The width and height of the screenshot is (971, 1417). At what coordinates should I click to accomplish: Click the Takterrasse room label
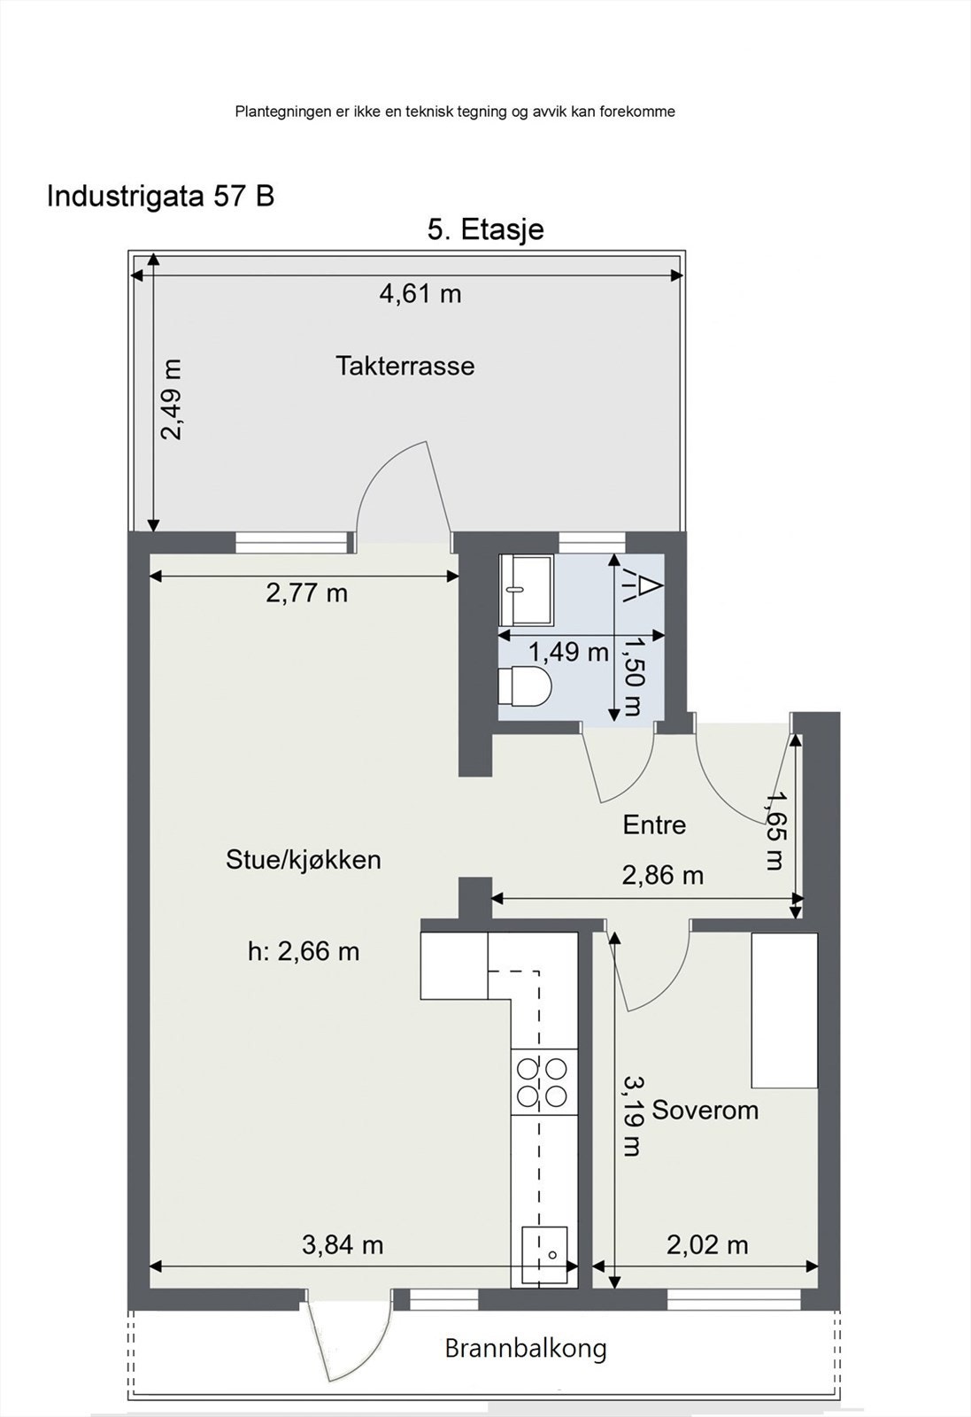[x=405, y=366]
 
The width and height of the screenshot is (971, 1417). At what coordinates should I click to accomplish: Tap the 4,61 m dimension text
[x=420, y=293]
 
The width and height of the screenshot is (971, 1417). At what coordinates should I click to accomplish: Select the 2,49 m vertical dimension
[x=171, y=399]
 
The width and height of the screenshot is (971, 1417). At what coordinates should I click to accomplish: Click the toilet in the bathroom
[x=525, y=686]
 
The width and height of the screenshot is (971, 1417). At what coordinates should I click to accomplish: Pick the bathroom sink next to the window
[x=525, y=590]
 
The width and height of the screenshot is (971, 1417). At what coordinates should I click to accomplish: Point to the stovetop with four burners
[x=543, y=1082]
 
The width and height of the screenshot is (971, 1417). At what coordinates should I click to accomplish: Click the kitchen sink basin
[x=544, y=1254]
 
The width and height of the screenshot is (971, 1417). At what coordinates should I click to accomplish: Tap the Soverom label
[x=705, y=1110]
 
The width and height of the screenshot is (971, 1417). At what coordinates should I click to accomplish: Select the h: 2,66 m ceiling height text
[x=304, y=951]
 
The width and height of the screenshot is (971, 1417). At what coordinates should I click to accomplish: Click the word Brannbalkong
[x=525, y=1349]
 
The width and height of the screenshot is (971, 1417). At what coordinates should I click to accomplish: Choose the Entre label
[x=654, y=825]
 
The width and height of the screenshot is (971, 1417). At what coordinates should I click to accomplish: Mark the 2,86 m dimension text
[x=662, y=876]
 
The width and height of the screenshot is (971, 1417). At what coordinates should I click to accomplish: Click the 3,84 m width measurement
[x=343, y=1245]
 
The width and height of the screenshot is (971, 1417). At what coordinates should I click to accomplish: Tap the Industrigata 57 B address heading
[x=160, y=196]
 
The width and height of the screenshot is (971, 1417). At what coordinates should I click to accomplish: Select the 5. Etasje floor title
[x=485, y=229]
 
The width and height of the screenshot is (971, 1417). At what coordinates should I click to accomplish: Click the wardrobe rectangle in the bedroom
[x=784, y=1010]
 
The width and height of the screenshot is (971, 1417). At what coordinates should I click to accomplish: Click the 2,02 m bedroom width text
[x=706, y=1245]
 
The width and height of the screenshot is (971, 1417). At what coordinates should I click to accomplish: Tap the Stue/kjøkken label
[x=304, y=859]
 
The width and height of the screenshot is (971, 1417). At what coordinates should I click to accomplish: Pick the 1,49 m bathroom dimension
[x=568, y=653]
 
